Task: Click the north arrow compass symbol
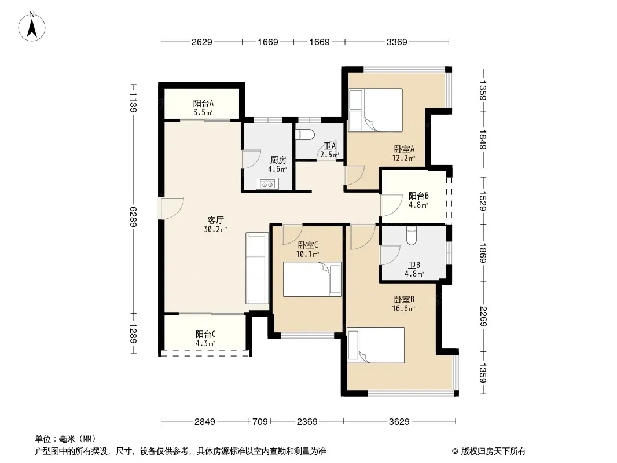(32, 27)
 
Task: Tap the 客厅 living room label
(216, 221)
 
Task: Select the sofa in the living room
(258, 268)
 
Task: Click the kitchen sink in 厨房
(267, 183)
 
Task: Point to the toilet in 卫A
(304, 134)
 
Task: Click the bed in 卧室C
(312, 280)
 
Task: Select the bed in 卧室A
(376, 110)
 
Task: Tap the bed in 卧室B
(376, 345)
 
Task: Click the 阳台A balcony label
(203, 103)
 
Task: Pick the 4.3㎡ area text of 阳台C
(205, 343)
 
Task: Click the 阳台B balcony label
(418, 196)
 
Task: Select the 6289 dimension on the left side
(133, 217)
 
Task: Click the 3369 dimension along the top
(396, 42)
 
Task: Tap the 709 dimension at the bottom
(260, 422)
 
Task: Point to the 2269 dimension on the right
(484, 316)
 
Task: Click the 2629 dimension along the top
(202, 42)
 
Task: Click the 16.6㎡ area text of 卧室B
(403, 308)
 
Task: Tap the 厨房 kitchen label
(278, 160)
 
